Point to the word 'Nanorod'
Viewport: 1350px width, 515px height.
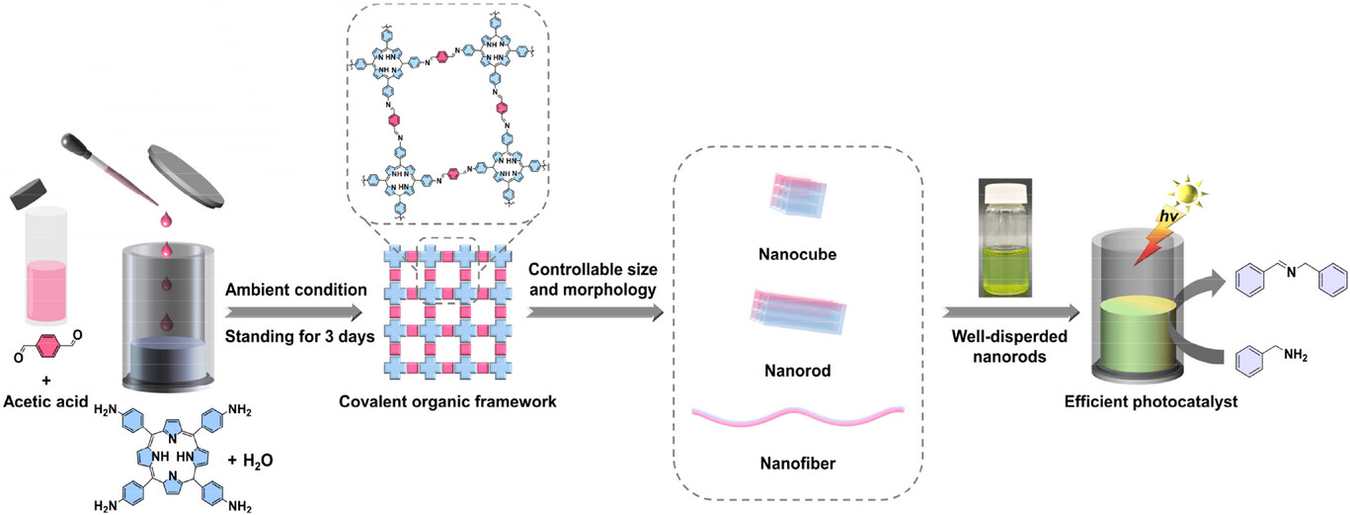point(797,374)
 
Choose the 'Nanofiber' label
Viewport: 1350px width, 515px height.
point(797,461)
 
